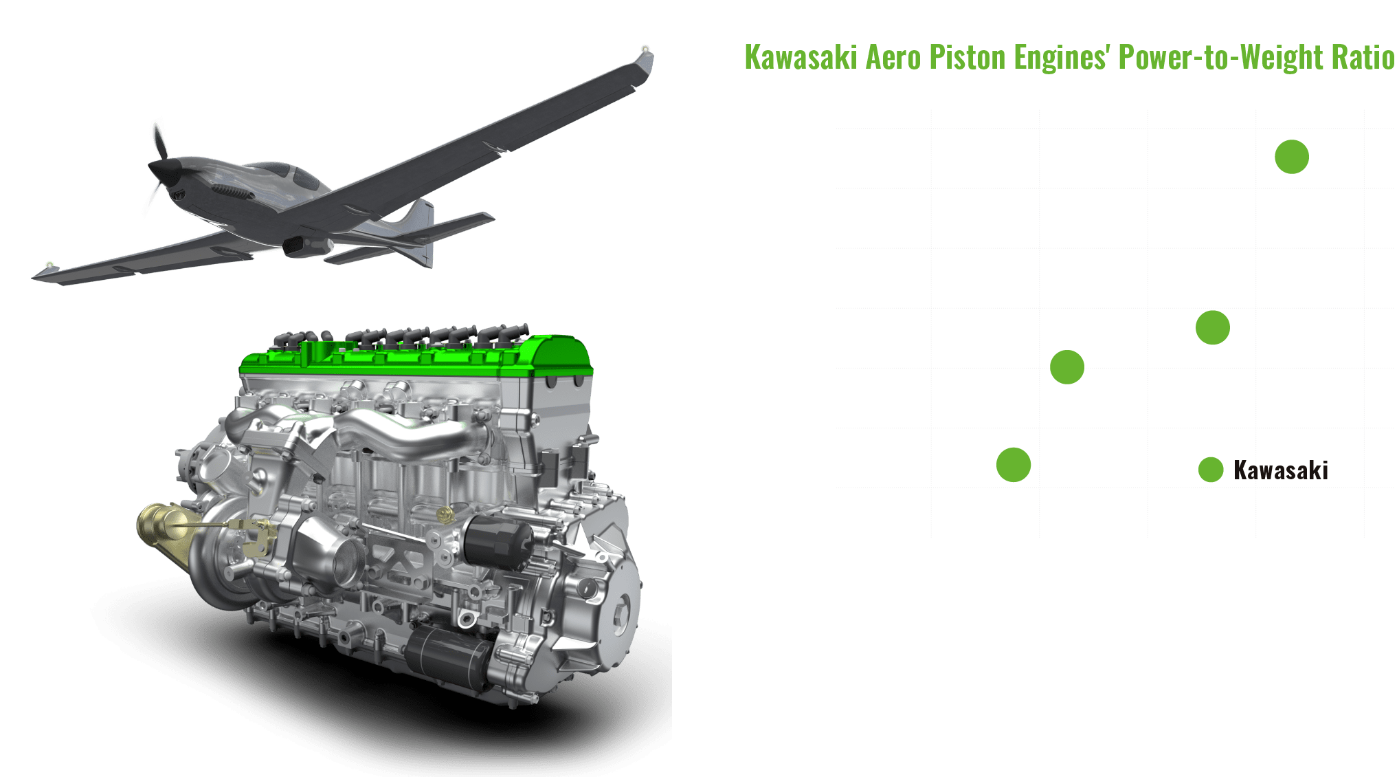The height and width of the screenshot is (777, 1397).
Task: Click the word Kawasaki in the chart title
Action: (801, 57)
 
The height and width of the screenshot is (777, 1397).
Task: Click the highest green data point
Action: (1291, 157)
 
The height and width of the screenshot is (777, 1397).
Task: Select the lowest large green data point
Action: (1014, 465)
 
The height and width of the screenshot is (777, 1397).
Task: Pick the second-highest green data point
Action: (1212, 327)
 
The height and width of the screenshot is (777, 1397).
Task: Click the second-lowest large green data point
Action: (1066, 366)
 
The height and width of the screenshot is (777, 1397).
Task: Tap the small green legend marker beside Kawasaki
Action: (1210, 470)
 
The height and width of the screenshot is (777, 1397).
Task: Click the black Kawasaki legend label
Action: (1280, 470)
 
